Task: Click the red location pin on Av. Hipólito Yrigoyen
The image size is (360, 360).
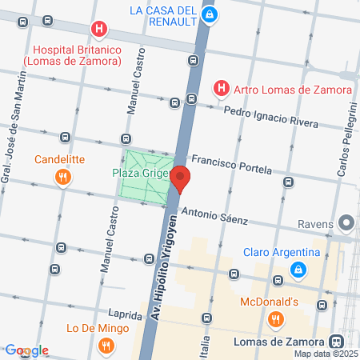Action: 181,178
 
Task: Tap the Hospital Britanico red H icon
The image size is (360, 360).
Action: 99,30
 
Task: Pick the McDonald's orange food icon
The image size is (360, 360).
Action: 275,320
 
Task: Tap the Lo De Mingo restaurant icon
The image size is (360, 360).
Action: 105,346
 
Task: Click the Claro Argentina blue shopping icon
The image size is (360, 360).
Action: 298,270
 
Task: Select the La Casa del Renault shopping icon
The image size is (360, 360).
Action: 208,14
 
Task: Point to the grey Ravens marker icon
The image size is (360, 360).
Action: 346,222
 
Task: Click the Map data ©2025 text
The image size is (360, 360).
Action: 326,354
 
